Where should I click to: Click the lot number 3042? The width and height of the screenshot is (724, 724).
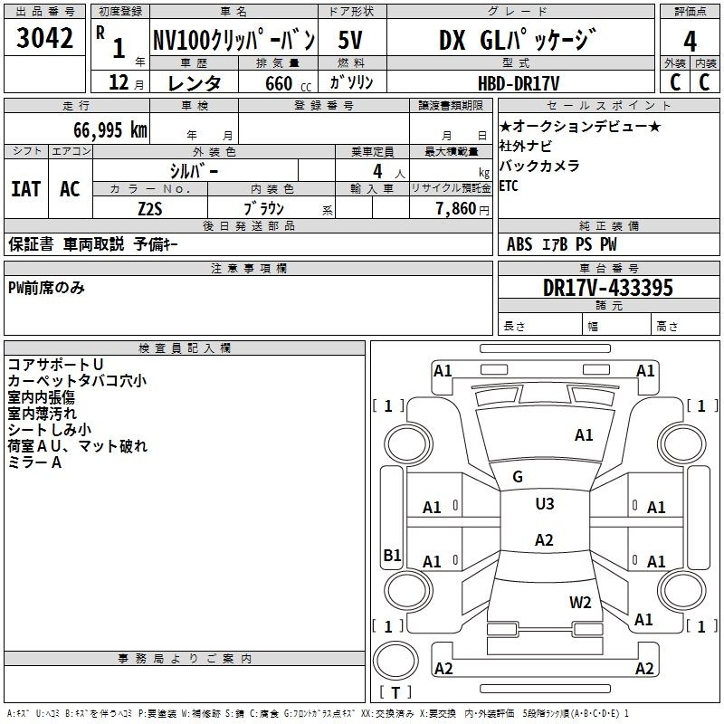44,38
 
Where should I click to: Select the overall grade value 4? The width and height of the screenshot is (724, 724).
690,41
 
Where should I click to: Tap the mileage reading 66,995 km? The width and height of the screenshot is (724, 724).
110,130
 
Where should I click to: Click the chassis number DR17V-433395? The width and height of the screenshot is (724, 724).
608,288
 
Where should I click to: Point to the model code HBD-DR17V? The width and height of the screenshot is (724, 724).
519,83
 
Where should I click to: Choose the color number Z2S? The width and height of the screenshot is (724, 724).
150,209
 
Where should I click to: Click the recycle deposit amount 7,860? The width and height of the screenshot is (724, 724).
456,209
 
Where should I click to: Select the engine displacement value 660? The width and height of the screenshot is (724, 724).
279,83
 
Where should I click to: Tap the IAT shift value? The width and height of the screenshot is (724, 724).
26,189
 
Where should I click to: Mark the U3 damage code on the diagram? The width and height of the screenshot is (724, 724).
545,503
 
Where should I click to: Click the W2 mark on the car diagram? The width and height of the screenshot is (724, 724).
580,602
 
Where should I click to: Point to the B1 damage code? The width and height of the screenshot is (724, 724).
392,555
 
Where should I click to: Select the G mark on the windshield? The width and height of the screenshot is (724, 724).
518,476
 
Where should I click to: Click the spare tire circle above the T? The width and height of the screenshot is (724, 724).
395,661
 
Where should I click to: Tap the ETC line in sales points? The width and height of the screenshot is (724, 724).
509,186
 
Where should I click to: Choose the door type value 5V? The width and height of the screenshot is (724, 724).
350,40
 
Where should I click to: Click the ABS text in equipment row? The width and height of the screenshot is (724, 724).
519,244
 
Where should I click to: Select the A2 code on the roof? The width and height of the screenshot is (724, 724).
544,539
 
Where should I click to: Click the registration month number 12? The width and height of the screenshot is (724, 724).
119,82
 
